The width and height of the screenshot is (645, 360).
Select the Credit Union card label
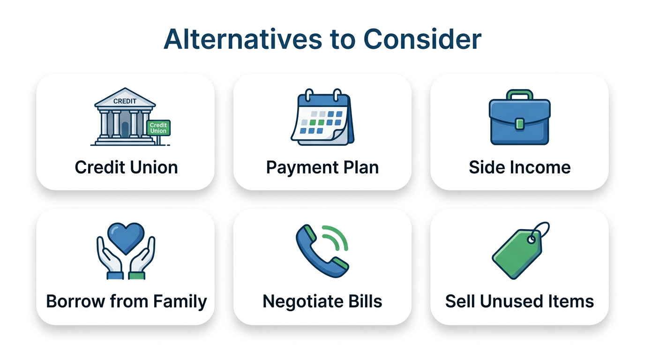coord(126,167)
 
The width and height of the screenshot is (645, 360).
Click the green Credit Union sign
coord(158,127)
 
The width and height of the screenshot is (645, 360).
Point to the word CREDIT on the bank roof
coord(125,101)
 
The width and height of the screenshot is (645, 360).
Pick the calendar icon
coord(322,117)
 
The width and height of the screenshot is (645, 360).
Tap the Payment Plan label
coord(322,167)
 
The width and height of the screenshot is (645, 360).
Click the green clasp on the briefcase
coord(519,124)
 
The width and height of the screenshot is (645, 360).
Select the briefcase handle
coord(519,95)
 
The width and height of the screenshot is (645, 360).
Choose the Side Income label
coord(519,167)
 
